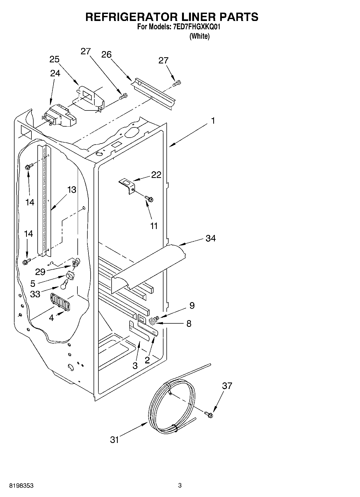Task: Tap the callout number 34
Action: (211, 238)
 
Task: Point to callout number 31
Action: (115, 440)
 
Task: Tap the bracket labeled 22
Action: (127, 185)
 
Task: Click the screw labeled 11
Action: (149, 199)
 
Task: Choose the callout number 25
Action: (54, 59)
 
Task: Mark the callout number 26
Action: (106, 55)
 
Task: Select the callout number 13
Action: (72, 190)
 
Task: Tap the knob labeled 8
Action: (153, 321)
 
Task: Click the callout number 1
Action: (213, 121)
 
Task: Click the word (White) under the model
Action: (199, 36)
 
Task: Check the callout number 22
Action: (156, 175)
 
